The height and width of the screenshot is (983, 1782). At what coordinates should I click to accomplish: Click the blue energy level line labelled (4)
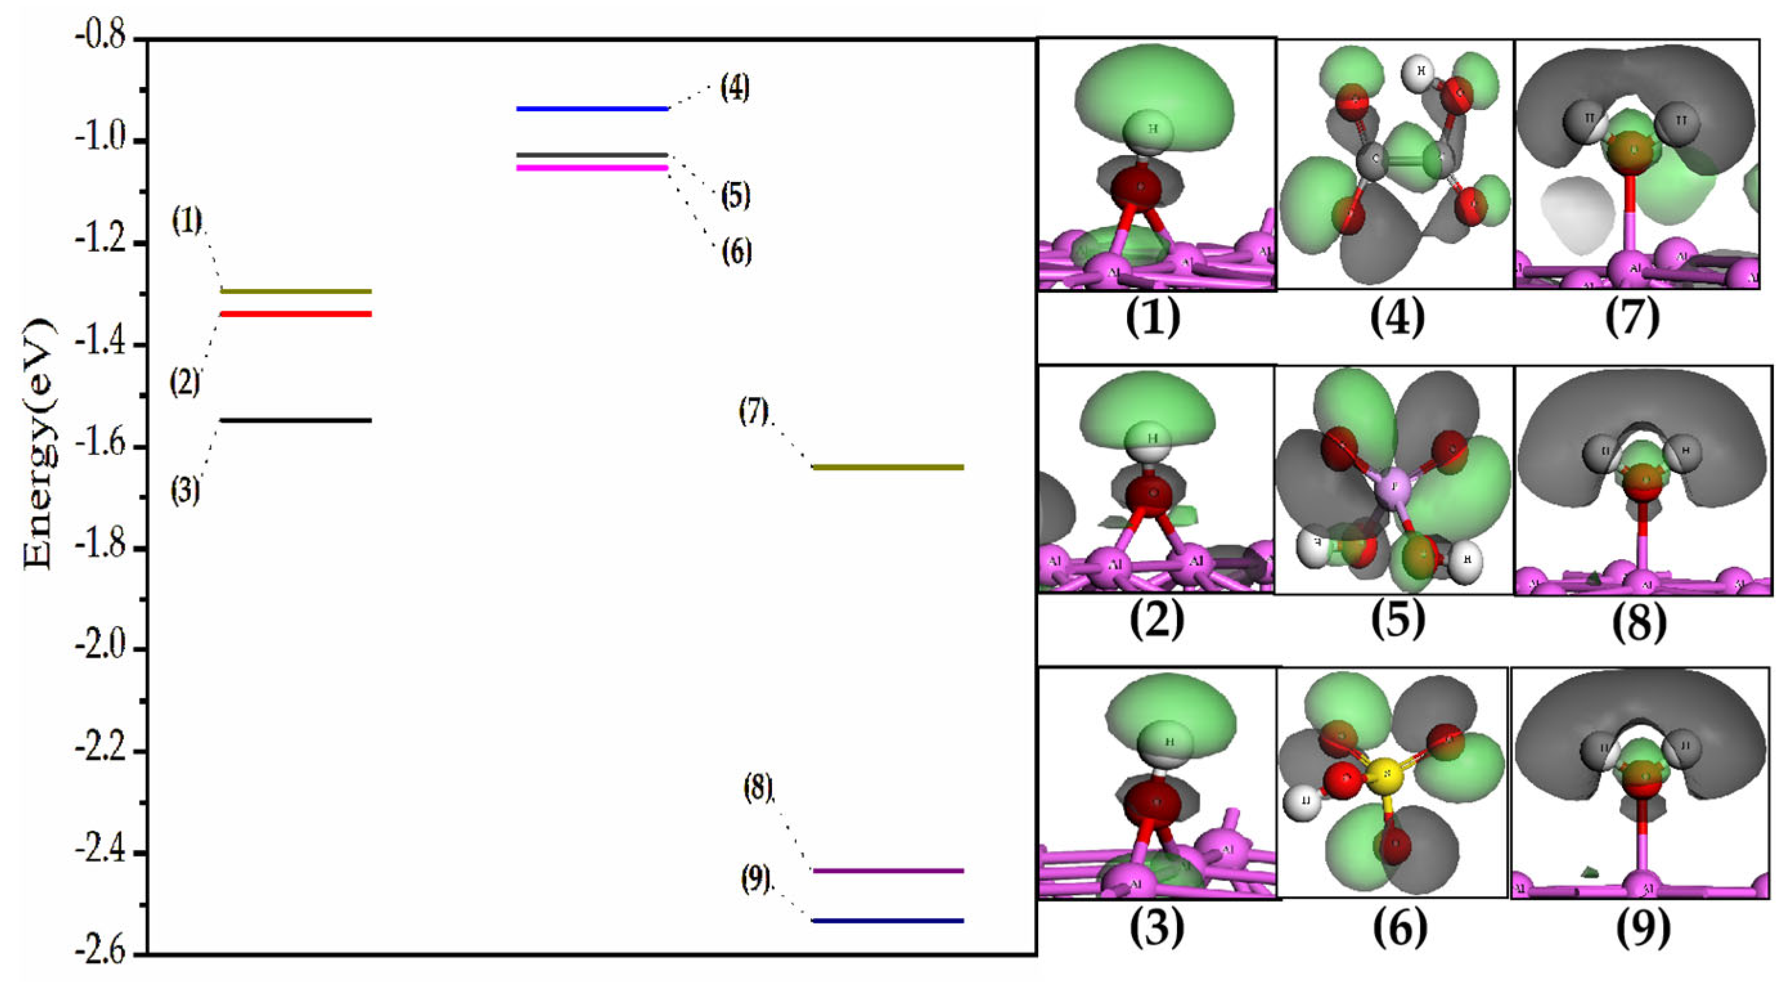[x=592, y=109]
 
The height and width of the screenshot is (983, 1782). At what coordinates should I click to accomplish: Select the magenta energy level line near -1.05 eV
[x=592, y=167]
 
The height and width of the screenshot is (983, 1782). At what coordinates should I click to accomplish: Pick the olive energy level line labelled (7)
[x=888, y=467]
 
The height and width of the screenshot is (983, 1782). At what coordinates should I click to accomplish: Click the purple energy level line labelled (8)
[x=888, y=871]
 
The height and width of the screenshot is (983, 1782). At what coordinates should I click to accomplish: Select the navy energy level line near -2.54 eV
[x=888, y=921]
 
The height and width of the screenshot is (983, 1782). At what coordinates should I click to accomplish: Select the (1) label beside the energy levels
[x=187, y=221]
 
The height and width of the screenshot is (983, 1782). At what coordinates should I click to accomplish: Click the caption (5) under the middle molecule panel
[x=1398, y=620]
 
